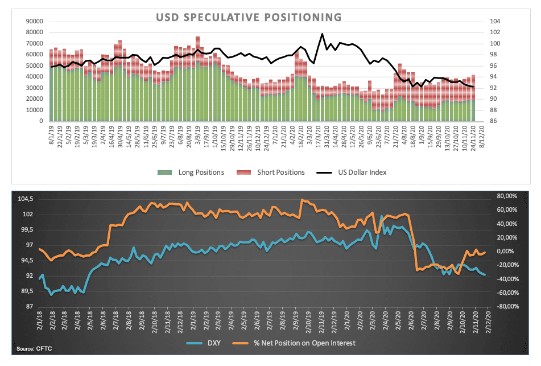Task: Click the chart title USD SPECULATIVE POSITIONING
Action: [249, 17]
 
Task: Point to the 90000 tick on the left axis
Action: [35, 21]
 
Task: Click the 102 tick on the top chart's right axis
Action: [494, 32]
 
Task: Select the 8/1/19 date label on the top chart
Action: [52, 135]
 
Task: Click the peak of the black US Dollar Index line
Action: [323, 34]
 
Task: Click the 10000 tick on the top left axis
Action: [35, 110]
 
